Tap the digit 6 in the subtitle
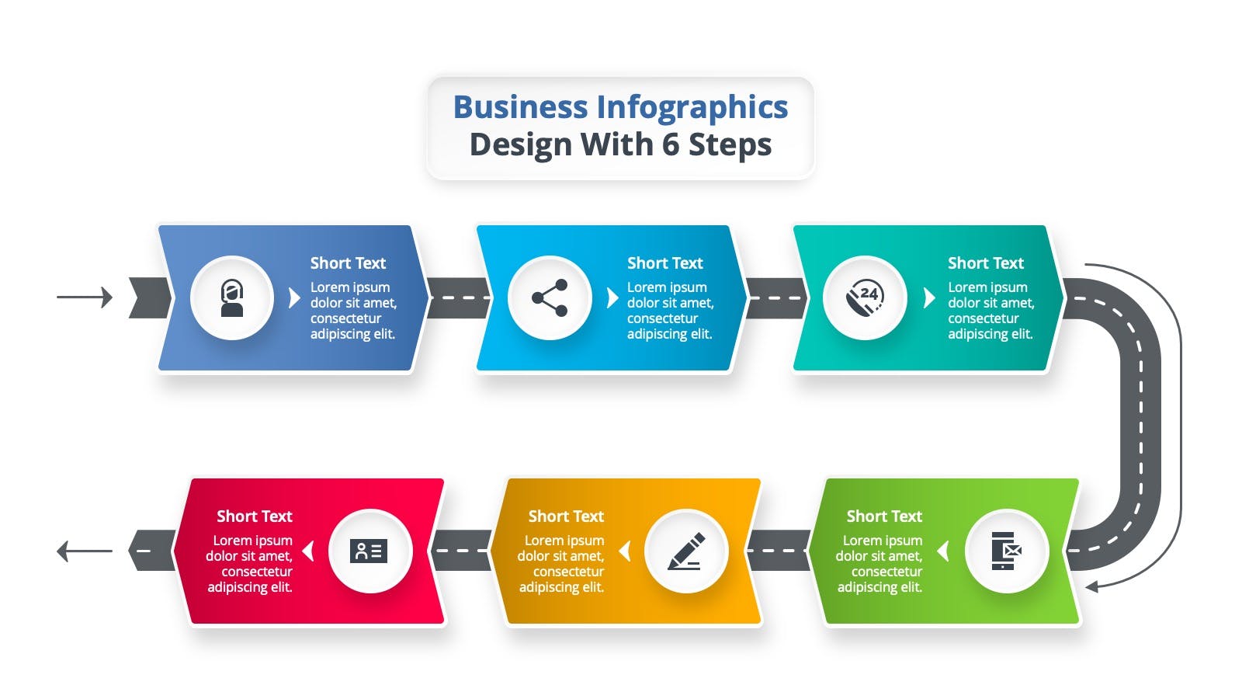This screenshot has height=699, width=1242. [671, 144]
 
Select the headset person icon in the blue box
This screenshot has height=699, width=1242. [232, 298]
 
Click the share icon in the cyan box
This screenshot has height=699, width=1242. [550, 298]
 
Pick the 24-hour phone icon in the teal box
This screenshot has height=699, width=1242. [865, 298]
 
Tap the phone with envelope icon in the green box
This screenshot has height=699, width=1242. [1006, 551]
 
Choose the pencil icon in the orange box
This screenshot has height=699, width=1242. [686, 551]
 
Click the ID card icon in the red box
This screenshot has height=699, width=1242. [369, 551]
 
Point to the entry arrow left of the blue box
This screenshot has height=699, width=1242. [85, 297]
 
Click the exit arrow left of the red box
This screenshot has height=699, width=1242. [85, 551]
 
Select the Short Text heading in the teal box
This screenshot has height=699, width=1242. [985, 263]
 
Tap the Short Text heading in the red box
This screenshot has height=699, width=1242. [255, 516]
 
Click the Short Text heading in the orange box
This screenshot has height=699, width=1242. [566, 516]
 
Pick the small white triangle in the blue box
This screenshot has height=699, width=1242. [294, 298]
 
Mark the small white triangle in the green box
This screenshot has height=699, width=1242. [942, 551]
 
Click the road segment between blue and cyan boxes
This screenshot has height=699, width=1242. [458, 298]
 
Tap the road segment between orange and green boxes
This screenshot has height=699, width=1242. [779, 551]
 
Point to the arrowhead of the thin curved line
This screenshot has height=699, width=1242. [1091, 586]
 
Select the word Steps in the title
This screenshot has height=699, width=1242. [730, 145]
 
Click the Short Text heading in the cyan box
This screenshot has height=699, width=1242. [664, 263]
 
